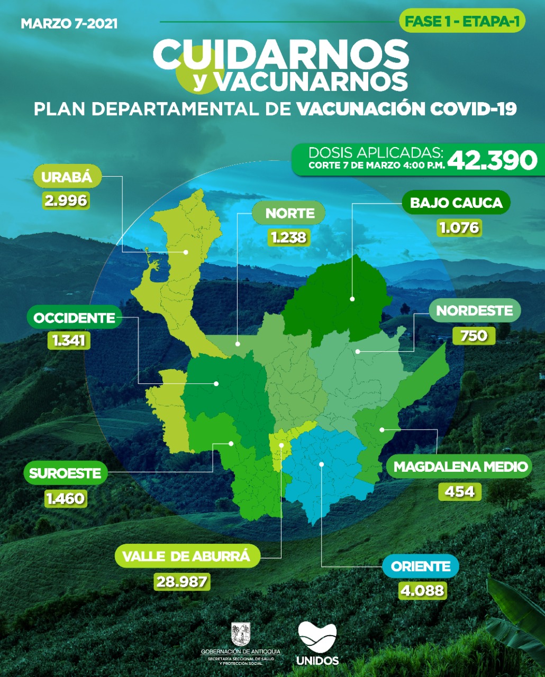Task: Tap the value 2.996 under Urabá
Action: point(66,201)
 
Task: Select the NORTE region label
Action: point(289,213)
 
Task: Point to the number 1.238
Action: point(289,237)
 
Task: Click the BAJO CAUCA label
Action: point(456,203)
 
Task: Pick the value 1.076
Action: point(459,228)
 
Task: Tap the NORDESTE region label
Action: point(474,310)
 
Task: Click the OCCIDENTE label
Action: point(74,318)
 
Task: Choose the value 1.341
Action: point(69,340)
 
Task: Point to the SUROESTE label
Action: point(65,473)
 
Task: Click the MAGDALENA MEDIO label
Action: point(460,467)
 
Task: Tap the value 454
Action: point(459,492)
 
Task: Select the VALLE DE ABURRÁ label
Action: point(186,556)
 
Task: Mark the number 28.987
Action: point(182,581)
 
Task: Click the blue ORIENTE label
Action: point(421,566)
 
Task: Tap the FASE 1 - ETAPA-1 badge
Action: point(462,22)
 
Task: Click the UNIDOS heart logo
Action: point(317,637)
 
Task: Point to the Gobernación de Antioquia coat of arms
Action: point(241,634)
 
